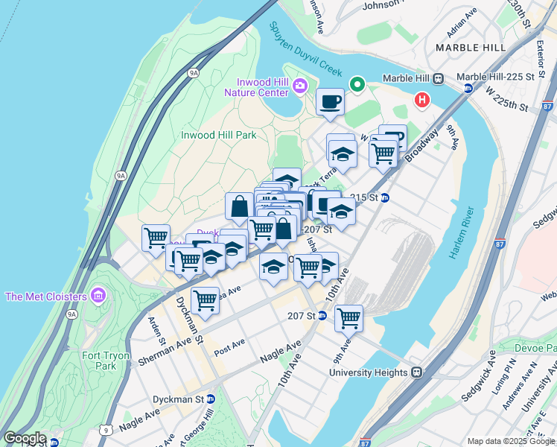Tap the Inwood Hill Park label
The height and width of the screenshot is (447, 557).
(x=219, y=135)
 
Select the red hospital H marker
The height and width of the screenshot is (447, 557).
(x=422, y=99)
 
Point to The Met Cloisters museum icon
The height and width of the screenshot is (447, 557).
(x=98, y=297)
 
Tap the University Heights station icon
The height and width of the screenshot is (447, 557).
(x=418, y=372)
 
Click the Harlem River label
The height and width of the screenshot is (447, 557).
(x=456, y=232)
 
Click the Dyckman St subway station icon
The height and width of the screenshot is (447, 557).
(x=211, y=399)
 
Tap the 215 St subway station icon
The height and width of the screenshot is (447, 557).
(x=385, y=197)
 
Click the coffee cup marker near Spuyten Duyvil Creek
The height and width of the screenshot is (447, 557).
(x=330, y=102)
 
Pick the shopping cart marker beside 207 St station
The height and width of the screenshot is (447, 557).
(x=348, y=318)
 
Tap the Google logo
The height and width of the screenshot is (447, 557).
(x=25, y=438)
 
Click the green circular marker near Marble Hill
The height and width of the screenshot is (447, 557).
(x=357, y=84)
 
